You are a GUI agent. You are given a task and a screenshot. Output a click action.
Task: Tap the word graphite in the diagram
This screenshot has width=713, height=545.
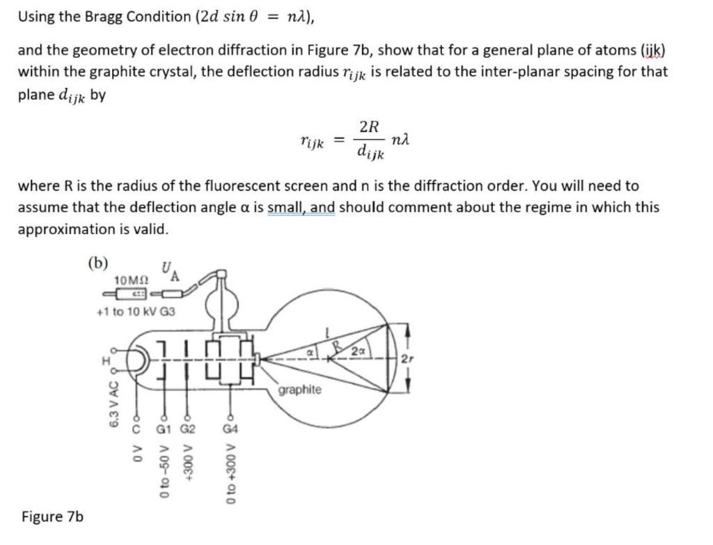[299, 390]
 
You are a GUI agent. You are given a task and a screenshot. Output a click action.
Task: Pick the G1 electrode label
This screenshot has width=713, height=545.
[164, 428]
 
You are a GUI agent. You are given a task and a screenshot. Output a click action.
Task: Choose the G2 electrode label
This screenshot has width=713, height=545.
[188, 428]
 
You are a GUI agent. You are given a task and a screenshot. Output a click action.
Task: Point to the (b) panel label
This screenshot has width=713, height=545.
[98, 262]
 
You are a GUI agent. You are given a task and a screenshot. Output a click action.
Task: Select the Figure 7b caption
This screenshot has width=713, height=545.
[52, 516]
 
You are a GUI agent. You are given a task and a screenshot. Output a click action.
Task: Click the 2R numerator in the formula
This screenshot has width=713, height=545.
[370, 127]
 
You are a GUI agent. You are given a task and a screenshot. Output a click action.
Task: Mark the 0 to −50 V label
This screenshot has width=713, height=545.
[164, 474]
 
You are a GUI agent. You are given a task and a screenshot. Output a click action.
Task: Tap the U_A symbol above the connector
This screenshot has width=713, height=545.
[170, 270]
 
